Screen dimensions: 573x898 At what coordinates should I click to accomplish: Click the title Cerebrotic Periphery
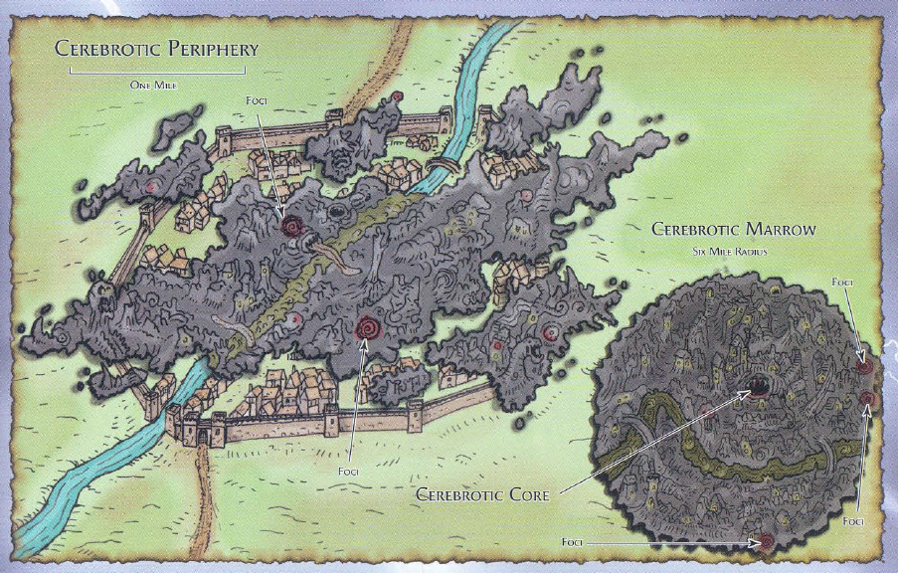click(x=156, y=49)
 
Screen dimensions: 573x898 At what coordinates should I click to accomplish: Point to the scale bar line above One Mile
click(x=156, y=73)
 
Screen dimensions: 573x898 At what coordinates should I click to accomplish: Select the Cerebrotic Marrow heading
click(x=733, y=230)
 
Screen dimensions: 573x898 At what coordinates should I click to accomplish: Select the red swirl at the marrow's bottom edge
click(x=765, y=542)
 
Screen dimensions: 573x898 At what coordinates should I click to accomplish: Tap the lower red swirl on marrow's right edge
click(x=867, y=400)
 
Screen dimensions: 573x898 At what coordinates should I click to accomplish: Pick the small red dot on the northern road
click(x=397, y=95)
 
